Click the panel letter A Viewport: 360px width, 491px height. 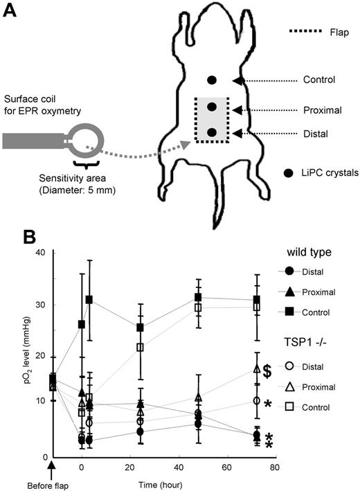point(12,12)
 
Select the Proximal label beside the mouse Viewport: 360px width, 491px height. point(323,110)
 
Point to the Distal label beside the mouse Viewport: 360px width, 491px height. point(317,132)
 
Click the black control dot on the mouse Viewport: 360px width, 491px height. point(212,80)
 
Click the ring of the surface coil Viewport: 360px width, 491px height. point(89,139)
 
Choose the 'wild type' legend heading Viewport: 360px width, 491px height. point(314,252)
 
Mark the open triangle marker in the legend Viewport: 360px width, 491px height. point(291,385)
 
